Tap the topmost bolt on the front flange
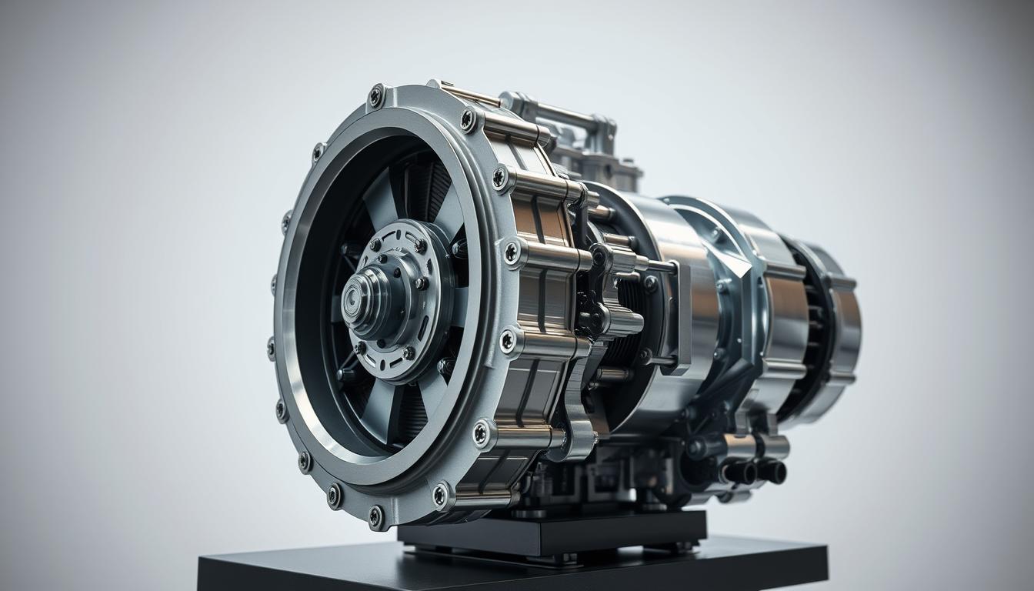(x=376, y=96)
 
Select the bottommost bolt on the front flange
(x=375, y=516)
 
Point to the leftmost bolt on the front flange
(x=271, y=348)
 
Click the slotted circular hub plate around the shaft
(x=400, y=300)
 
